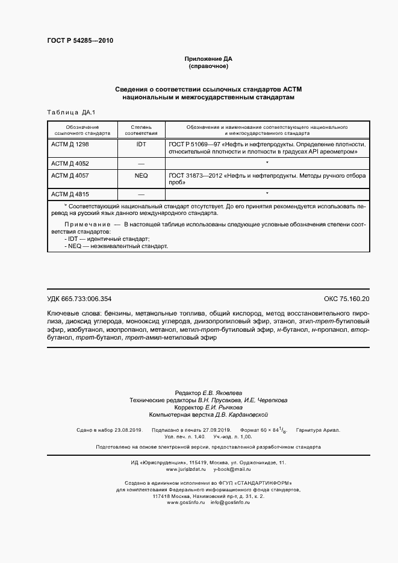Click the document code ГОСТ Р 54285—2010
pyautogui.click(x=79, y=41)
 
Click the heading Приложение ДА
pyautogui.click(x=208, y=58)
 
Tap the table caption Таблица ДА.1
pyautogui.click(x=67, y=113)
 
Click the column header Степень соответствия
pyautogui.click(x=141, y=130)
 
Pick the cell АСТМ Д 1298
pyautogui.click(x=70, y=145)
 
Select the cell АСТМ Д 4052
pyautogui.click(x=70, y=163)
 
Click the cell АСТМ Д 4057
pyautogui.click(x=70, y=175)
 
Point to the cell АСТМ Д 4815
pyautogui.click(x=70, y=194)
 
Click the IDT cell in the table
pyautogui.click(x=141, y=145)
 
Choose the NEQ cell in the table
pyautogui.click(x=141, y=175)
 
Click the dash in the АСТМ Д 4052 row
pyautogui.click(x=141, y=164)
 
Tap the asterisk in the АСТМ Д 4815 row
pyautogui.click(x=266, y=193)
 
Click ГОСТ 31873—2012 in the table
pyautogui.click(x=194, y=175)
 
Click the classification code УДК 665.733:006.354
pyautogui.click(x=79, y=299)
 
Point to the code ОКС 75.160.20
pyautogui.click(x=347, y=299)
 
